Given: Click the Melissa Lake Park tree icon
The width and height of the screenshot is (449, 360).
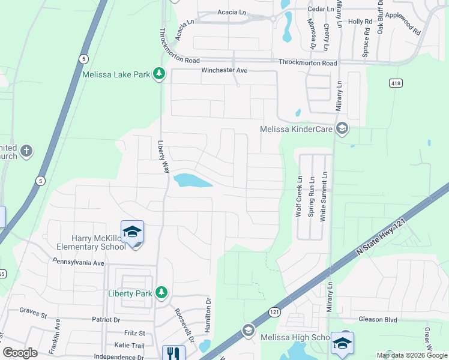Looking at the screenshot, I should click(159, 74).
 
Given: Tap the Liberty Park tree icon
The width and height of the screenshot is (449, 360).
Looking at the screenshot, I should click(161, 293).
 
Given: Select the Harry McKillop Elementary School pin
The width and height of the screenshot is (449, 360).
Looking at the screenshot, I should click(133, 232).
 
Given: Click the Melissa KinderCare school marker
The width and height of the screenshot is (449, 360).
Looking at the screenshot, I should click(342, 129).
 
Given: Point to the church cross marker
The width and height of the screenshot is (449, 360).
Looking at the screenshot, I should click(26, 151).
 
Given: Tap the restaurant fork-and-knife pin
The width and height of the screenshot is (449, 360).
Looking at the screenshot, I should click(170, 353).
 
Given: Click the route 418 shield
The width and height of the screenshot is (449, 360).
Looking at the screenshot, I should click(395, 82).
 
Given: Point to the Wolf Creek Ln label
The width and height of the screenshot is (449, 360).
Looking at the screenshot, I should click(298, 196).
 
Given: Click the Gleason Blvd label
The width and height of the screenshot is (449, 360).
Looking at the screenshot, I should click(378, 320).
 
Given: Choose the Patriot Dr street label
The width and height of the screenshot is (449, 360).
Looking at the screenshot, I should click(106, 320).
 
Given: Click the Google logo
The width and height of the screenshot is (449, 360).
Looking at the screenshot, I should click(19, 353).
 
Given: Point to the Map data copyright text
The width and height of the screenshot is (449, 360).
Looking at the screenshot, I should click(412, 355).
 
